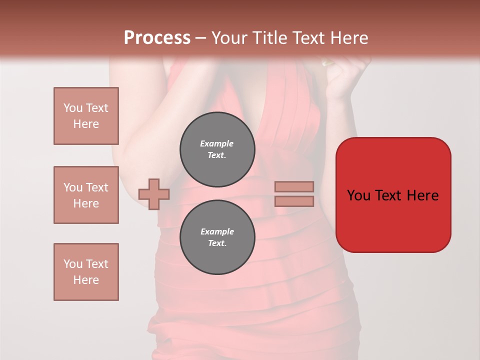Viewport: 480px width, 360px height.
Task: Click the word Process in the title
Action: coord(157,38)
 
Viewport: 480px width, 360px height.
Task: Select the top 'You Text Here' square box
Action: coord(86,116)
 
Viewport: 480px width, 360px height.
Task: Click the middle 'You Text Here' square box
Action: coord(86,195)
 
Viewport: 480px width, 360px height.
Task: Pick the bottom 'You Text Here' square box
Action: coord(86,272)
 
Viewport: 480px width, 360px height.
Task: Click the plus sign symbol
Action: coord(154,194)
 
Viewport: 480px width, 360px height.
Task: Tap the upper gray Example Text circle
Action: coord(217,149)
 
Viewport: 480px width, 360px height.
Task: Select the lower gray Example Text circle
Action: coord(217,237)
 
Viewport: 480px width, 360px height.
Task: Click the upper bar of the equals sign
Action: coord(294,186)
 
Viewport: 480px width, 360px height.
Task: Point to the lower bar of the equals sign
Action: coord(294,201)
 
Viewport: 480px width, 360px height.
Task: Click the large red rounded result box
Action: coord(393,195)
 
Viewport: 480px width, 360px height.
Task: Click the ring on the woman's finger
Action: coord(327,63)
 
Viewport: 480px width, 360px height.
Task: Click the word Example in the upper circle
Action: coord(217,143)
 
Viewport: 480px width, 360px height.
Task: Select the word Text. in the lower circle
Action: coord(217,243)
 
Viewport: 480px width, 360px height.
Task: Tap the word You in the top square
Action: coord(72,108)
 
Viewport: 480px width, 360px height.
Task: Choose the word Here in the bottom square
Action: coord(86,280)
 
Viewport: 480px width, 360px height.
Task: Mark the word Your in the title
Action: coord(229,38)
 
